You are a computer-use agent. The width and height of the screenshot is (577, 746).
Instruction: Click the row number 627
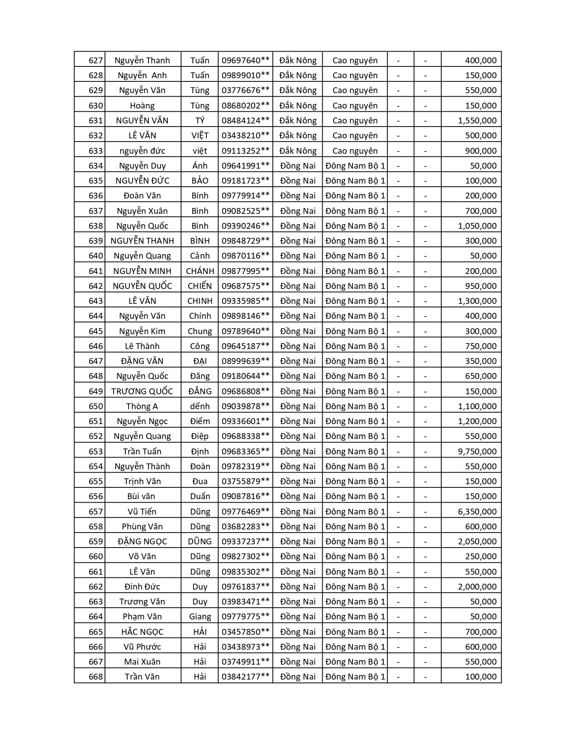[x=95, y=61]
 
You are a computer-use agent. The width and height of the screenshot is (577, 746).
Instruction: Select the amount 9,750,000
[x=477, y=451]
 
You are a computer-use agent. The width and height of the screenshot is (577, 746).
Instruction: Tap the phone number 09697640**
[x=245, y=61]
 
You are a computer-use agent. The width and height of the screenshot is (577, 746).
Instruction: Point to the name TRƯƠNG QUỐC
[x=142, y=391]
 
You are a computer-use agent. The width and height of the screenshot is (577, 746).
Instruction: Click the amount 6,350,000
[x=477, y=511]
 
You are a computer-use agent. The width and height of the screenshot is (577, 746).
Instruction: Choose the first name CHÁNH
[x=200, y=271]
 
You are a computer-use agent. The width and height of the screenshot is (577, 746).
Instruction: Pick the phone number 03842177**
[x=245, y=676]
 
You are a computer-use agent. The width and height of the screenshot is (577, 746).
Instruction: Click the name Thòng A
[x=142, y=406]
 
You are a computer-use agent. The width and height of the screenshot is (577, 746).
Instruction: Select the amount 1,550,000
[x=477, y=121]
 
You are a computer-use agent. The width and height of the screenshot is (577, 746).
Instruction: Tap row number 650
[x=95, y=406]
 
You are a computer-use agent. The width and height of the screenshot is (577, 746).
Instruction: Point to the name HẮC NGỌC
[x=142, y=632]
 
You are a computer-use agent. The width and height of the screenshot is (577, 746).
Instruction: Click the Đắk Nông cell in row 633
[x=298, y=151]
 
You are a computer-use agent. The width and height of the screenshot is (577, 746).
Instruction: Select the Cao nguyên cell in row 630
[x=355, y=106]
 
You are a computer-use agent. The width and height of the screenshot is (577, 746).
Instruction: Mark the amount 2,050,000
[x=477, y=541]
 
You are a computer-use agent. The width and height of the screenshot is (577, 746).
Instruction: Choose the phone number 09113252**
[x=245, y=151]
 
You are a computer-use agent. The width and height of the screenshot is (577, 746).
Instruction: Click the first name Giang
[x=200, y=616]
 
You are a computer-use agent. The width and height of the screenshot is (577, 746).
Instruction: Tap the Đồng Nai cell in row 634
[x=298, y=165]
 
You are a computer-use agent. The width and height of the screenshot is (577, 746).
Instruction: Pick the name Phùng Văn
[x=142, y=526]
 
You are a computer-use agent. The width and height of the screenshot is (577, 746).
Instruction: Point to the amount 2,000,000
[x=477, y=586]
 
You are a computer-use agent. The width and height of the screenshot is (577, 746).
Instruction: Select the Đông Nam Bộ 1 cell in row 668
[x=355, y=676]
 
